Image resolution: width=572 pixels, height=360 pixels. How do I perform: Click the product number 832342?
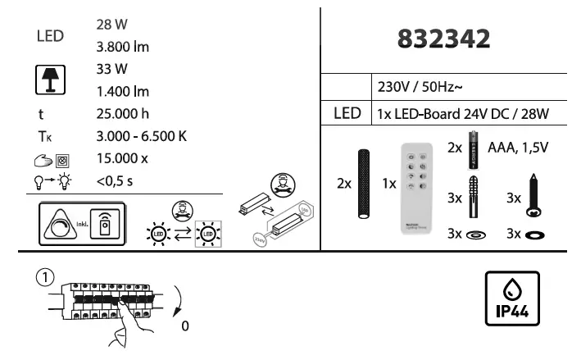tap(443, 39)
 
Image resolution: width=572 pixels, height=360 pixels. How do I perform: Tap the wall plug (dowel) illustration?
tap(474, 197)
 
